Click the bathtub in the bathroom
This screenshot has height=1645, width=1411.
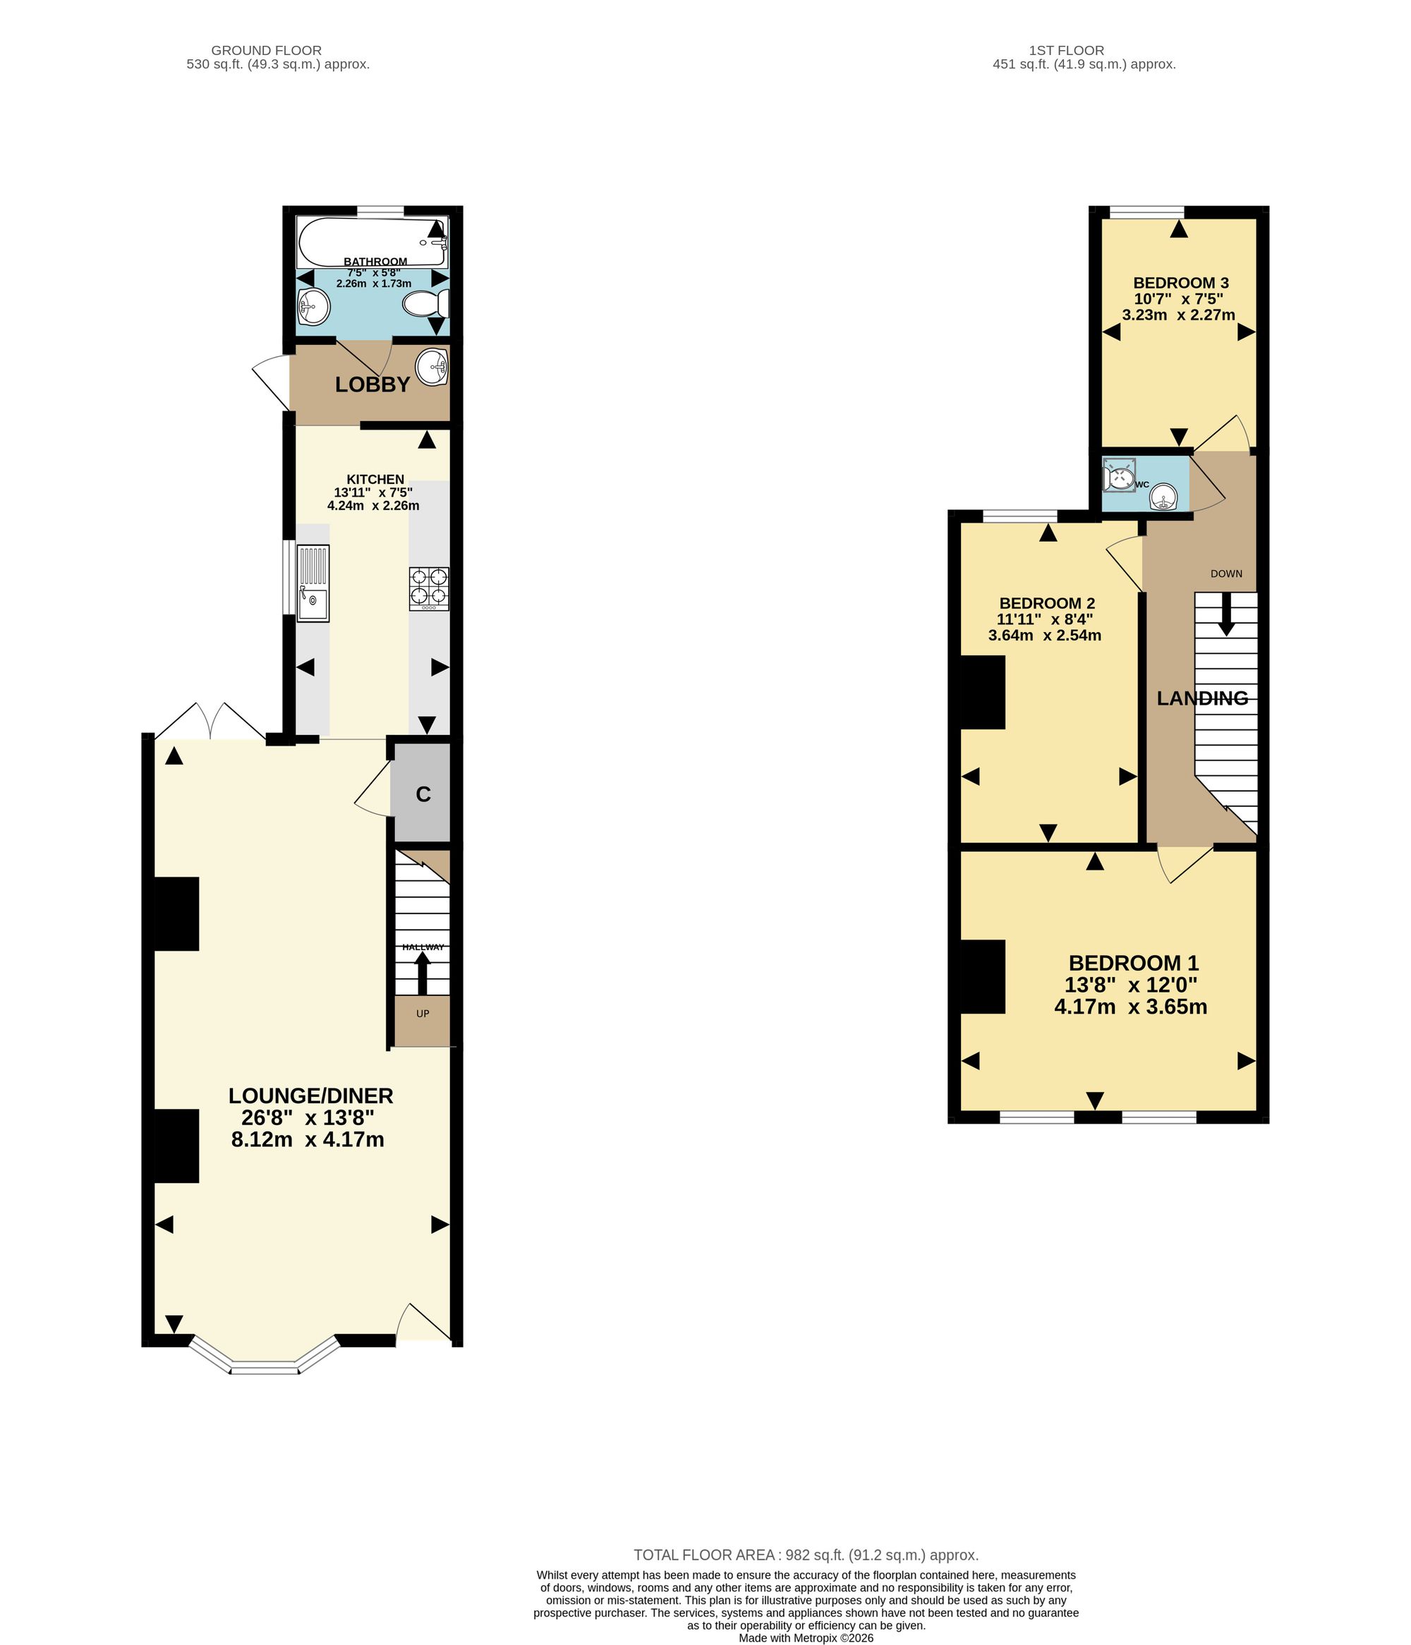372,241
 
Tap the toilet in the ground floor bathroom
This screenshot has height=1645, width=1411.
425,304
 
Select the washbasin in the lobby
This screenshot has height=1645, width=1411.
432,368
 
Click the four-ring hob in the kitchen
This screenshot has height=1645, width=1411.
429,588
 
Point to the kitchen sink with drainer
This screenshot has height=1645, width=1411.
313,583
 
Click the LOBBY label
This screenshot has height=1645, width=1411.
373,385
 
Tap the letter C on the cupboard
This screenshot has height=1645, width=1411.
423,794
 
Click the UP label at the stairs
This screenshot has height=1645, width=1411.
423,1014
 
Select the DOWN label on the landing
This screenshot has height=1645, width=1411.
1226,573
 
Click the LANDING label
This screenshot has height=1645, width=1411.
1202,698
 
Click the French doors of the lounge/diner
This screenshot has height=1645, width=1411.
210,721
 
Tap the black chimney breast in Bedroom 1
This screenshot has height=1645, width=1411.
983,976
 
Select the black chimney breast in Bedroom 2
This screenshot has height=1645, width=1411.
983,692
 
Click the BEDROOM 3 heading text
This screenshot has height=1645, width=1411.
1181,283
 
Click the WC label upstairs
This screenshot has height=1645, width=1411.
1141,485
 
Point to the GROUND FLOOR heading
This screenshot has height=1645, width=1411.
266,50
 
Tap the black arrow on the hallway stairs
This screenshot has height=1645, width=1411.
423,973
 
